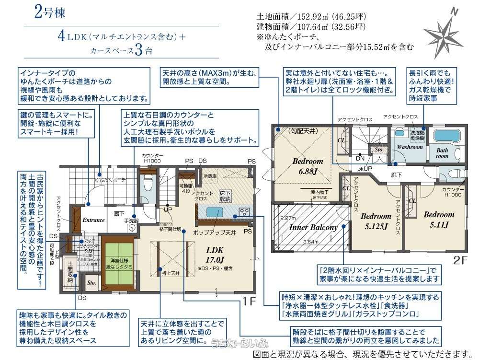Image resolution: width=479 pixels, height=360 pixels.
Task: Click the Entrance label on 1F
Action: click(x=93, y=220)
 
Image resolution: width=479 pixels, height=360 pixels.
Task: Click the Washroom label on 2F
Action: click(x=410, y=147)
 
